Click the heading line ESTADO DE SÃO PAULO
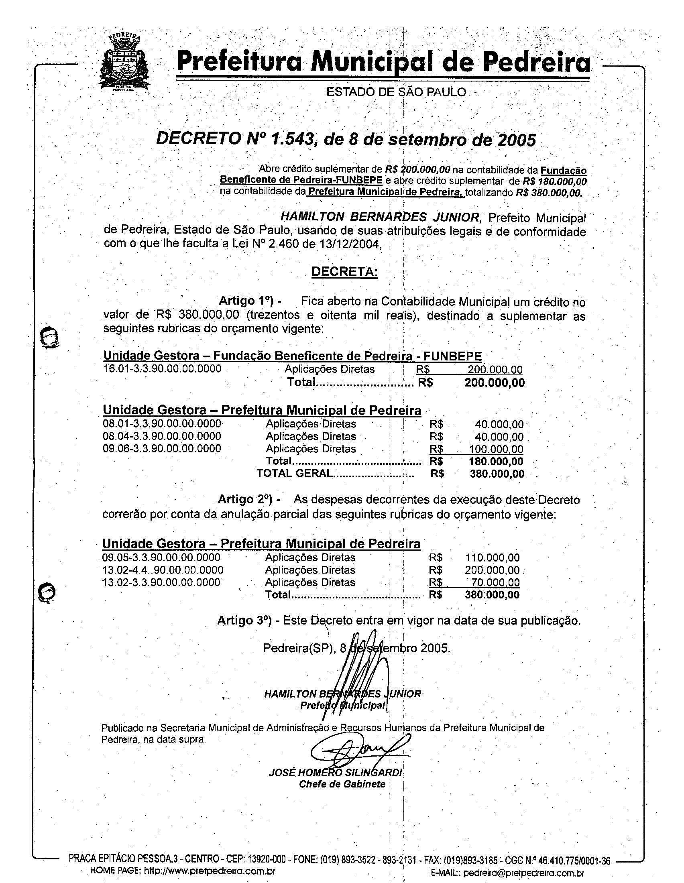point(396,92)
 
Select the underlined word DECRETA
point(344,272)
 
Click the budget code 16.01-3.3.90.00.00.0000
point(163,369)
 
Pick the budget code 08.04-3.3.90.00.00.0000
point(162,436)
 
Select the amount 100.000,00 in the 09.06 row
point(496,449)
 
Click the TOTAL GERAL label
point(294,474)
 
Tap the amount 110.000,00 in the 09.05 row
point(493,558)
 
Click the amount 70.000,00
point(496,583)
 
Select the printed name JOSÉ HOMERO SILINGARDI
point(335,773)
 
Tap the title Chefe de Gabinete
point(342,784)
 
